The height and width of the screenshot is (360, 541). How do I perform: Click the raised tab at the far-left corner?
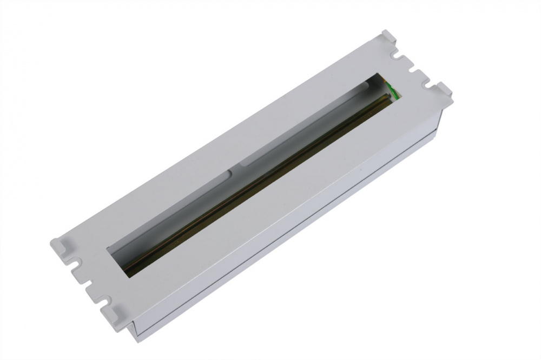pyautogui.click(x=61, y=245)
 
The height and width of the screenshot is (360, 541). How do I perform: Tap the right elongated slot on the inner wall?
pyautogui.click(x=303, y=135)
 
